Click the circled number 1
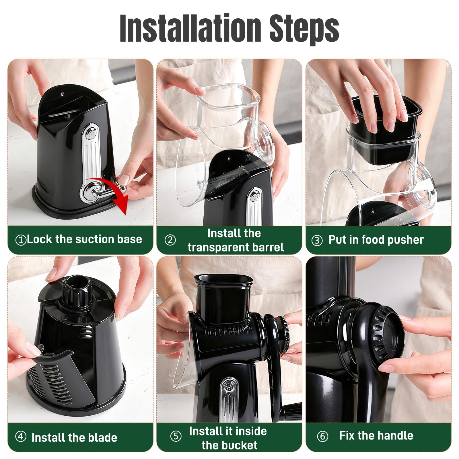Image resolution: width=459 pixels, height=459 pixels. click(21, 240)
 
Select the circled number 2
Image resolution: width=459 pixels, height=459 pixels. click(170, 240)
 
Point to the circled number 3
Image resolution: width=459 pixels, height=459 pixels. click(317, 240)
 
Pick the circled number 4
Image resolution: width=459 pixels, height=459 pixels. click(21, 437)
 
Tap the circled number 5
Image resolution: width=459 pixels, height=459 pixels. click(176, 436)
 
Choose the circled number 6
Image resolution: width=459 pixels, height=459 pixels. click(322, 436)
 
